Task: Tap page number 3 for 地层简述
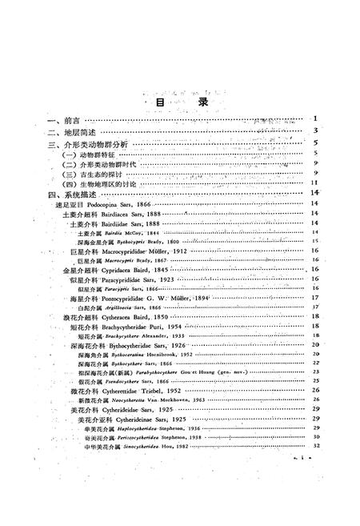tap(318, 130)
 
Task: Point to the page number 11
tap(316, 181)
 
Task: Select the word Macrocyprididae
tap(135, 251)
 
